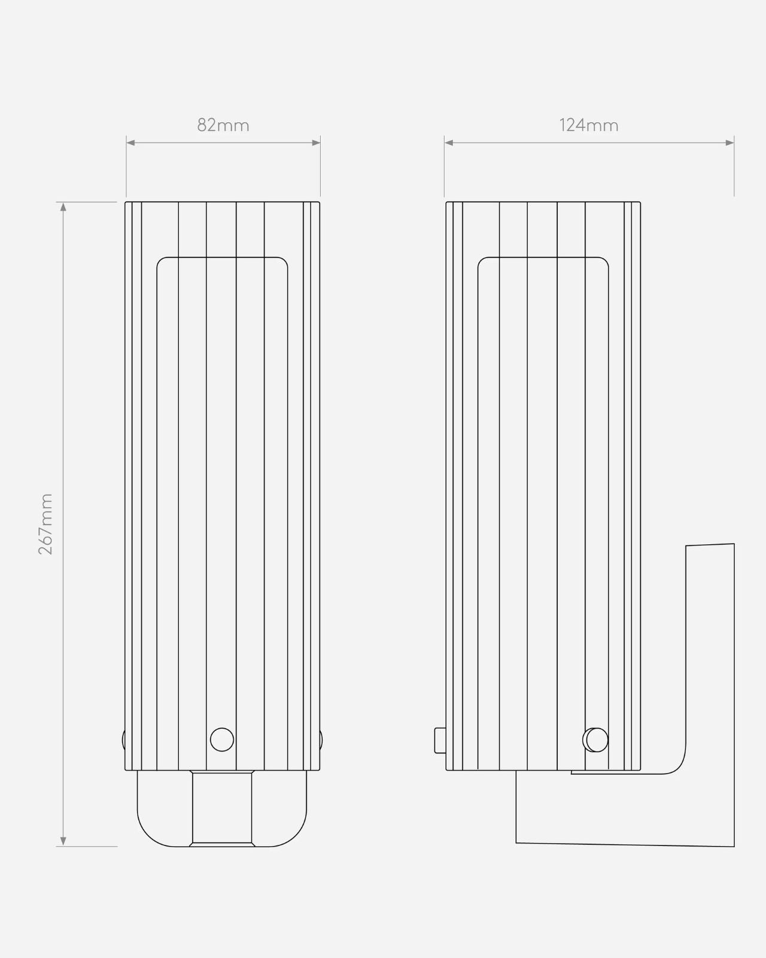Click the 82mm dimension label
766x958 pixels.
tap(223, 125)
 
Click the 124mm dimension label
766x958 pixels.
tap(588, 125)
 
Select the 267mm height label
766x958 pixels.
tap(46, 523)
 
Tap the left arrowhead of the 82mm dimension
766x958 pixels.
tap(130, 143)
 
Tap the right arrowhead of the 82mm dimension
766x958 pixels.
tap(316, 143)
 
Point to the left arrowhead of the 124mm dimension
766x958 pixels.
tap(449, 143)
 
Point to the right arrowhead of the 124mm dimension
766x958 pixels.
tap(729, 143)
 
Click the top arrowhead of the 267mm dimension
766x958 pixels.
tap(63, 207)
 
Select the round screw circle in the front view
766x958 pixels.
tap(222, 739)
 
